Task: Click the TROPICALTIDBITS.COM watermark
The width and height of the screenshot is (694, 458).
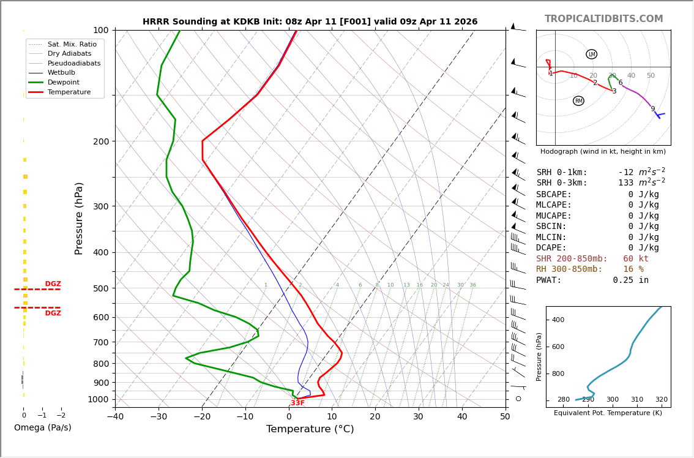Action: tap(603, 19)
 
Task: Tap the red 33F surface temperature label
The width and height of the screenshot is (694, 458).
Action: tap(297, 403)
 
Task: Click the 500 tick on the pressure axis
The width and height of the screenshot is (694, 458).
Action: tap(100, 288)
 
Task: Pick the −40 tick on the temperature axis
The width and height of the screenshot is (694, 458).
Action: tap(115, 417)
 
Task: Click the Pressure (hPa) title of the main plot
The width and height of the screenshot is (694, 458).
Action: tap(79, 218)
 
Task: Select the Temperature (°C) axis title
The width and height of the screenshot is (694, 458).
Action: tap(310, 429)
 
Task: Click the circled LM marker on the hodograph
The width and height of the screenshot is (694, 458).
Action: tap(591, 54)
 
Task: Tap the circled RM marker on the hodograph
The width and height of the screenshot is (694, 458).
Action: tap(578, 101)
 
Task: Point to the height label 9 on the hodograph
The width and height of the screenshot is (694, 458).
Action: tap(652, 109)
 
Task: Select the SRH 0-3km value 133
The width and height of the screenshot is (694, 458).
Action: tap(625, 183)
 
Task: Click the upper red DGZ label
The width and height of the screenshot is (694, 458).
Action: tap(53, 284)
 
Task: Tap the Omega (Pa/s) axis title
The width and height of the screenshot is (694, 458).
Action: tap(43, 428)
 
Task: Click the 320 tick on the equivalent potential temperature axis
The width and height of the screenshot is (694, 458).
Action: tap(661, 400)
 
